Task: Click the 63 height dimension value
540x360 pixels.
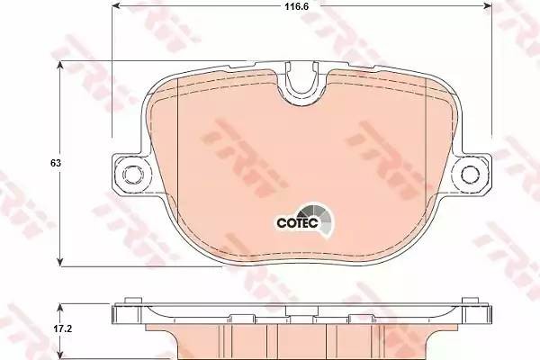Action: click(x=56, y=163)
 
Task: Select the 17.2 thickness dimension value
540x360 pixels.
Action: click(x=62, y=329)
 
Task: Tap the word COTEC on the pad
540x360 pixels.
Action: click(x=297, y=223)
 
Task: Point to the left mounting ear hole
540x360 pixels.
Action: click(x=131, y=174)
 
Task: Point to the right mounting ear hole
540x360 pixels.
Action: click(x=470, y=174)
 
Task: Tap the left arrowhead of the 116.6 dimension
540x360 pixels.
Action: click(x=116, y=5)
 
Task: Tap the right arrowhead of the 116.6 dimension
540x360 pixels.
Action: click(x=488, y=5)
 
